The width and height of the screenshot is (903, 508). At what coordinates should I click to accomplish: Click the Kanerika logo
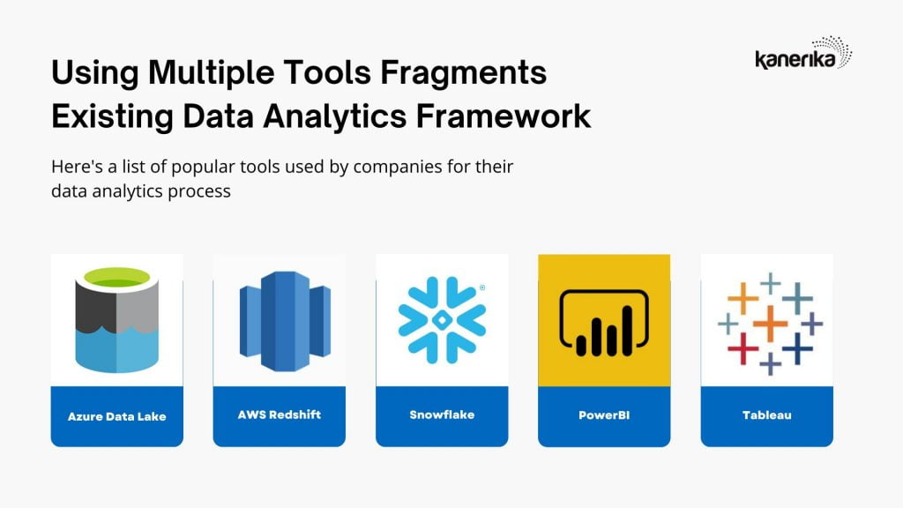pos(802,53)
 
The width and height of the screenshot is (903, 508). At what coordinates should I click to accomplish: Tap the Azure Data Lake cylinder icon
pos(117,319)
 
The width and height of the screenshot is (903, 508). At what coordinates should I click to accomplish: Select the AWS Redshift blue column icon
pos(285,321)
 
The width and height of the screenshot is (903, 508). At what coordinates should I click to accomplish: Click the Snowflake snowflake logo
pos(442,320)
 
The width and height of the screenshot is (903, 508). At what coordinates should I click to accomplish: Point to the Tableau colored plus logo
pos(770,324)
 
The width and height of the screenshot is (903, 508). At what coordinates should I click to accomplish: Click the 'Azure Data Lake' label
pos(117,416)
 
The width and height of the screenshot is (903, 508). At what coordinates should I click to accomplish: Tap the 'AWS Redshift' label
pos(280,415)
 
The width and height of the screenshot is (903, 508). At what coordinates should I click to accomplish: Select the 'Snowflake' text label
pos(442,415)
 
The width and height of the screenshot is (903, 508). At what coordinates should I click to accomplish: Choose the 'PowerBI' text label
pos(604,415)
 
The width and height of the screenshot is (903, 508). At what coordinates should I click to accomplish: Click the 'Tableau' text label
pos(766,415)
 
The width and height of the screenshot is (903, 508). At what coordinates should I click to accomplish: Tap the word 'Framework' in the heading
pos(504,116)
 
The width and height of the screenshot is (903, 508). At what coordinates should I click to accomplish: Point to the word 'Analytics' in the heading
pos(335,117)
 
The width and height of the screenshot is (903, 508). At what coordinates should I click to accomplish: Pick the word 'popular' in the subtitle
pos(203,167)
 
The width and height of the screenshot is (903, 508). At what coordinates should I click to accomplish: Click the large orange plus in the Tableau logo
pos(770,323)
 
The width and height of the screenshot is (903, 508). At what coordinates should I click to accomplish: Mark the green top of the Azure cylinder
pos(117,277)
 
